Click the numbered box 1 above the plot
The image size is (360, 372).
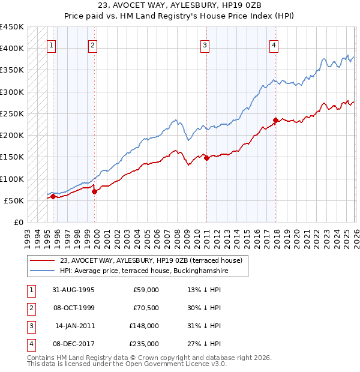(x=52, y=44)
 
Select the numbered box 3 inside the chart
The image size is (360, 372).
(x=205, y=44)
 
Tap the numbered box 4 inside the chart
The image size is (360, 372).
(x=274, y=44)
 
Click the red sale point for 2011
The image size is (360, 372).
(x=206, y=158)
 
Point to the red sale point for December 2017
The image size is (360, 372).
(x=275, y=120)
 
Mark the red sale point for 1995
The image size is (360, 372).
(x=53, y=196)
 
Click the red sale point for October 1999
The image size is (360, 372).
(x=94, y=191)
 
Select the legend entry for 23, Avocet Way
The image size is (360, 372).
(x=151, y=260)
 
